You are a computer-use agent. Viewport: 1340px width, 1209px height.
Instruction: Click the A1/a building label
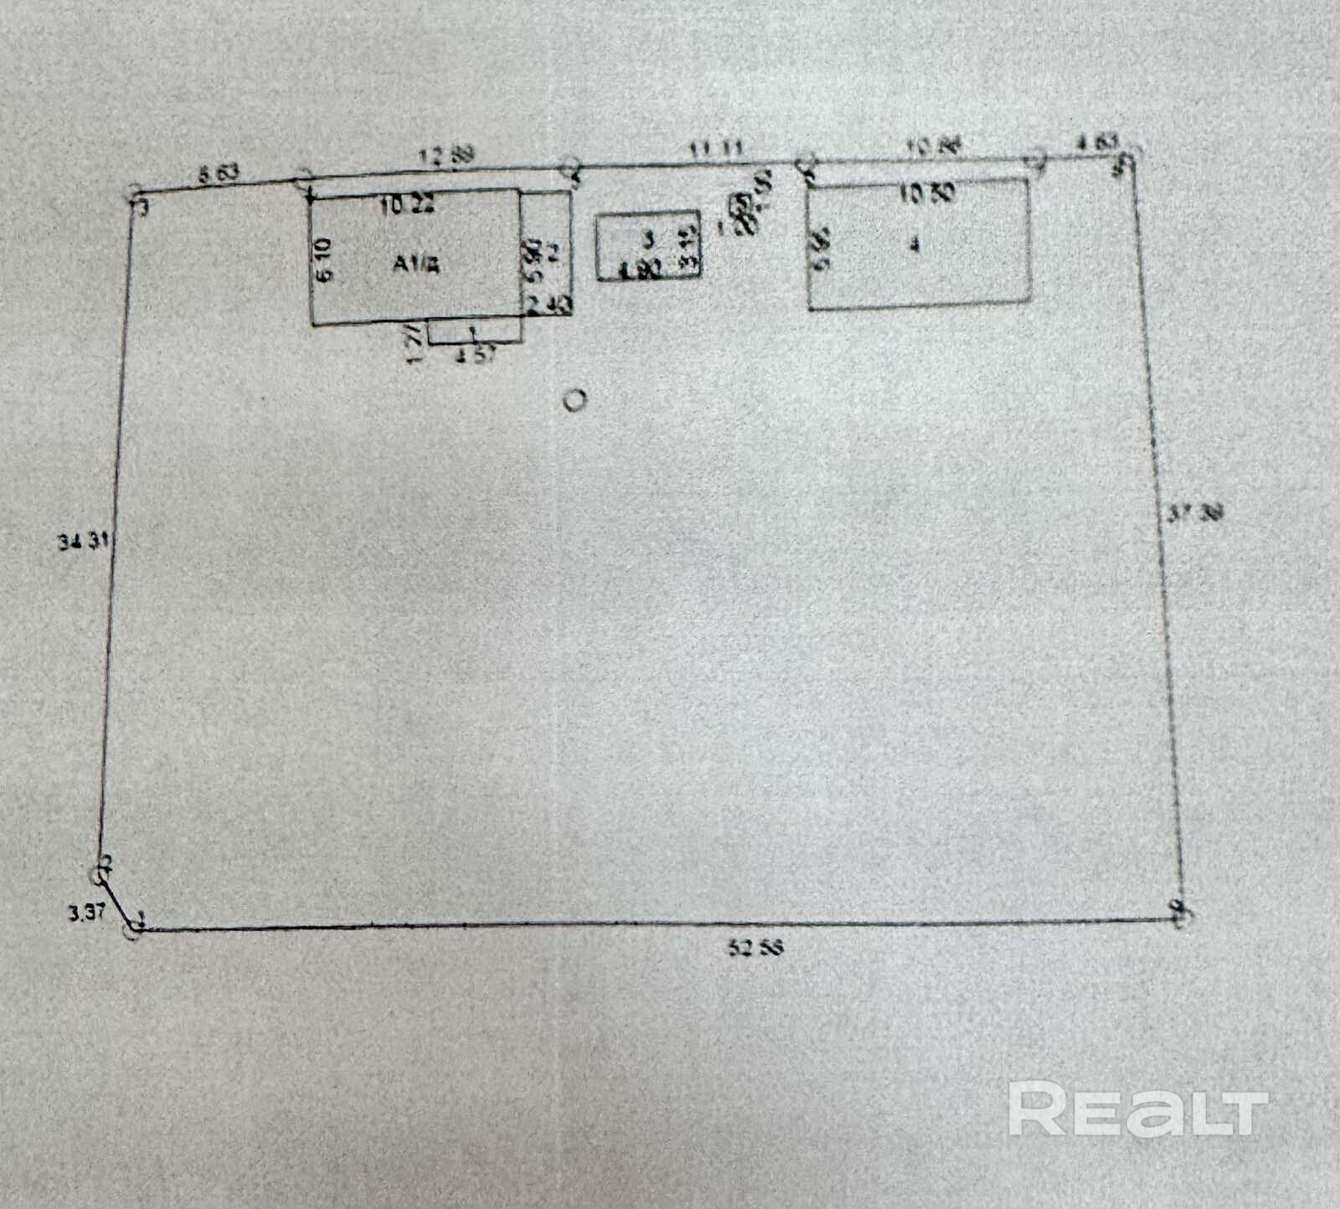415,265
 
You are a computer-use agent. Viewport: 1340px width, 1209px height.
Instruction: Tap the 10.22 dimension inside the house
407,204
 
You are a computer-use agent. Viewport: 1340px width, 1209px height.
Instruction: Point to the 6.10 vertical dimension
326,260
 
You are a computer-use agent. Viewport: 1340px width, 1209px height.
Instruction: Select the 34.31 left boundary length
83,542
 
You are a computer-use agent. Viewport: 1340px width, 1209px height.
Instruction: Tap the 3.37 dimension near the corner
86,912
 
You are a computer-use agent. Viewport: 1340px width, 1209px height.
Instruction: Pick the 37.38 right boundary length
1194,512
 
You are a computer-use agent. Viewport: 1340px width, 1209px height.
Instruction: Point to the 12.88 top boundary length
447,155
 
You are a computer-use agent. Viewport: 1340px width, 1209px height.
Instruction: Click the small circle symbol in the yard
574,400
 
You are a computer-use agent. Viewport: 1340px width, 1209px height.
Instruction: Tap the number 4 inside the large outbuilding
915,245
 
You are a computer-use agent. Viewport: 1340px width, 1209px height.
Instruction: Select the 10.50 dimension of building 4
926,194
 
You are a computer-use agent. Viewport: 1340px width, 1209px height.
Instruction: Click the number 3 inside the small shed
647,239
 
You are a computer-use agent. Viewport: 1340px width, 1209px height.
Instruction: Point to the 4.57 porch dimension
476,355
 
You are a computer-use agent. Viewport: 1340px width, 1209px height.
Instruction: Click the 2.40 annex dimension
549,306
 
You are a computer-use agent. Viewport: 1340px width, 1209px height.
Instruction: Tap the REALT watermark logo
1137,1109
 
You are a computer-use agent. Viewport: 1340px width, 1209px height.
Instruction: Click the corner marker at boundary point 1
134,928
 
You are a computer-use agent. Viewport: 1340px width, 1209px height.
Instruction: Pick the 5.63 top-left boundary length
218,174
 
